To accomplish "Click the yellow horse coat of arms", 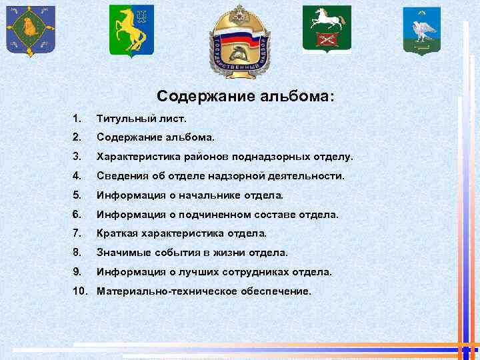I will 131,31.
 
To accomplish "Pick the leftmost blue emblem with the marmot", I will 31,31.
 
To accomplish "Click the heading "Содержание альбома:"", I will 246,96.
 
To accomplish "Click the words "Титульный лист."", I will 142,119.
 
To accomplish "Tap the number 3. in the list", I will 78,157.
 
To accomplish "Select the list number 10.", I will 80,291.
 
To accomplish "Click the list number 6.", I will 78,215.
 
